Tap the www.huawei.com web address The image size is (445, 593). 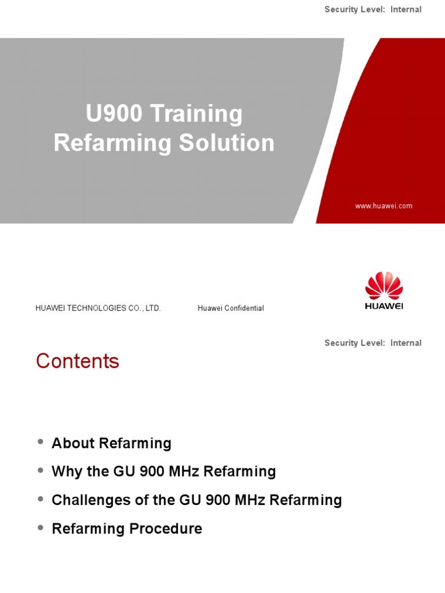point(384,206)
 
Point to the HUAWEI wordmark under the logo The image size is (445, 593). point(384,306)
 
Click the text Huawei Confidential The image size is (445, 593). point(231,309)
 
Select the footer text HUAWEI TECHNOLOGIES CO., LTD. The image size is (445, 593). point(98,309)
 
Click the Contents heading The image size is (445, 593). point(78,361)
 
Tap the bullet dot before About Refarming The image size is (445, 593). point(41,442)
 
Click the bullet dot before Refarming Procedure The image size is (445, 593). point(41,528)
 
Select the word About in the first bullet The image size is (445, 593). point(74,444)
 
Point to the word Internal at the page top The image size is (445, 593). point(406,10)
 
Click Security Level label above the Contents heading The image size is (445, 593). point(355,343)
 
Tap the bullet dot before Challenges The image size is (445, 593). point(41,499)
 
